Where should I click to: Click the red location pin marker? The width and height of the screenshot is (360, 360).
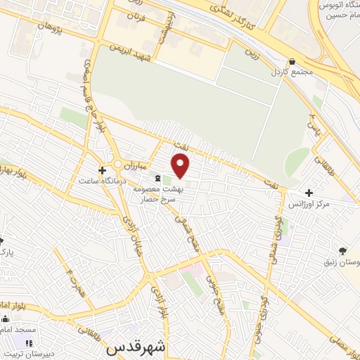coord(181,166)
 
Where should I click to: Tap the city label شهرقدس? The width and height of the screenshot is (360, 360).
coord(137,347)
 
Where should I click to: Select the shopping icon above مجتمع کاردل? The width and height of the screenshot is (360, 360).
coord(292,61)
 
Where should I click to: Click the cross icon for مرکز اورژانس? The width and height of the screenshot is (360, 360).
coord(309,193)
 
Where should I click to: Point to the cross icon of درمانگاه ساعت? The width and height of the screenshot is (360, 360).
coord(103,170)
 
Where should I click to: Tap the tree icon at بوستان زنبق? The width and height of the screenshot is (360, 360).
coord(343,251)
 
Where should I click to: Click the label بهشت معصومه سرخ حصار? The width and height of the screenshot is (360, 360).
coord(172,194)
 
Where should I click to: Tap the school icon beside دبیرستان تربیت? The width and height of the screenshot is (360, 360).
coord(29,343)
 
